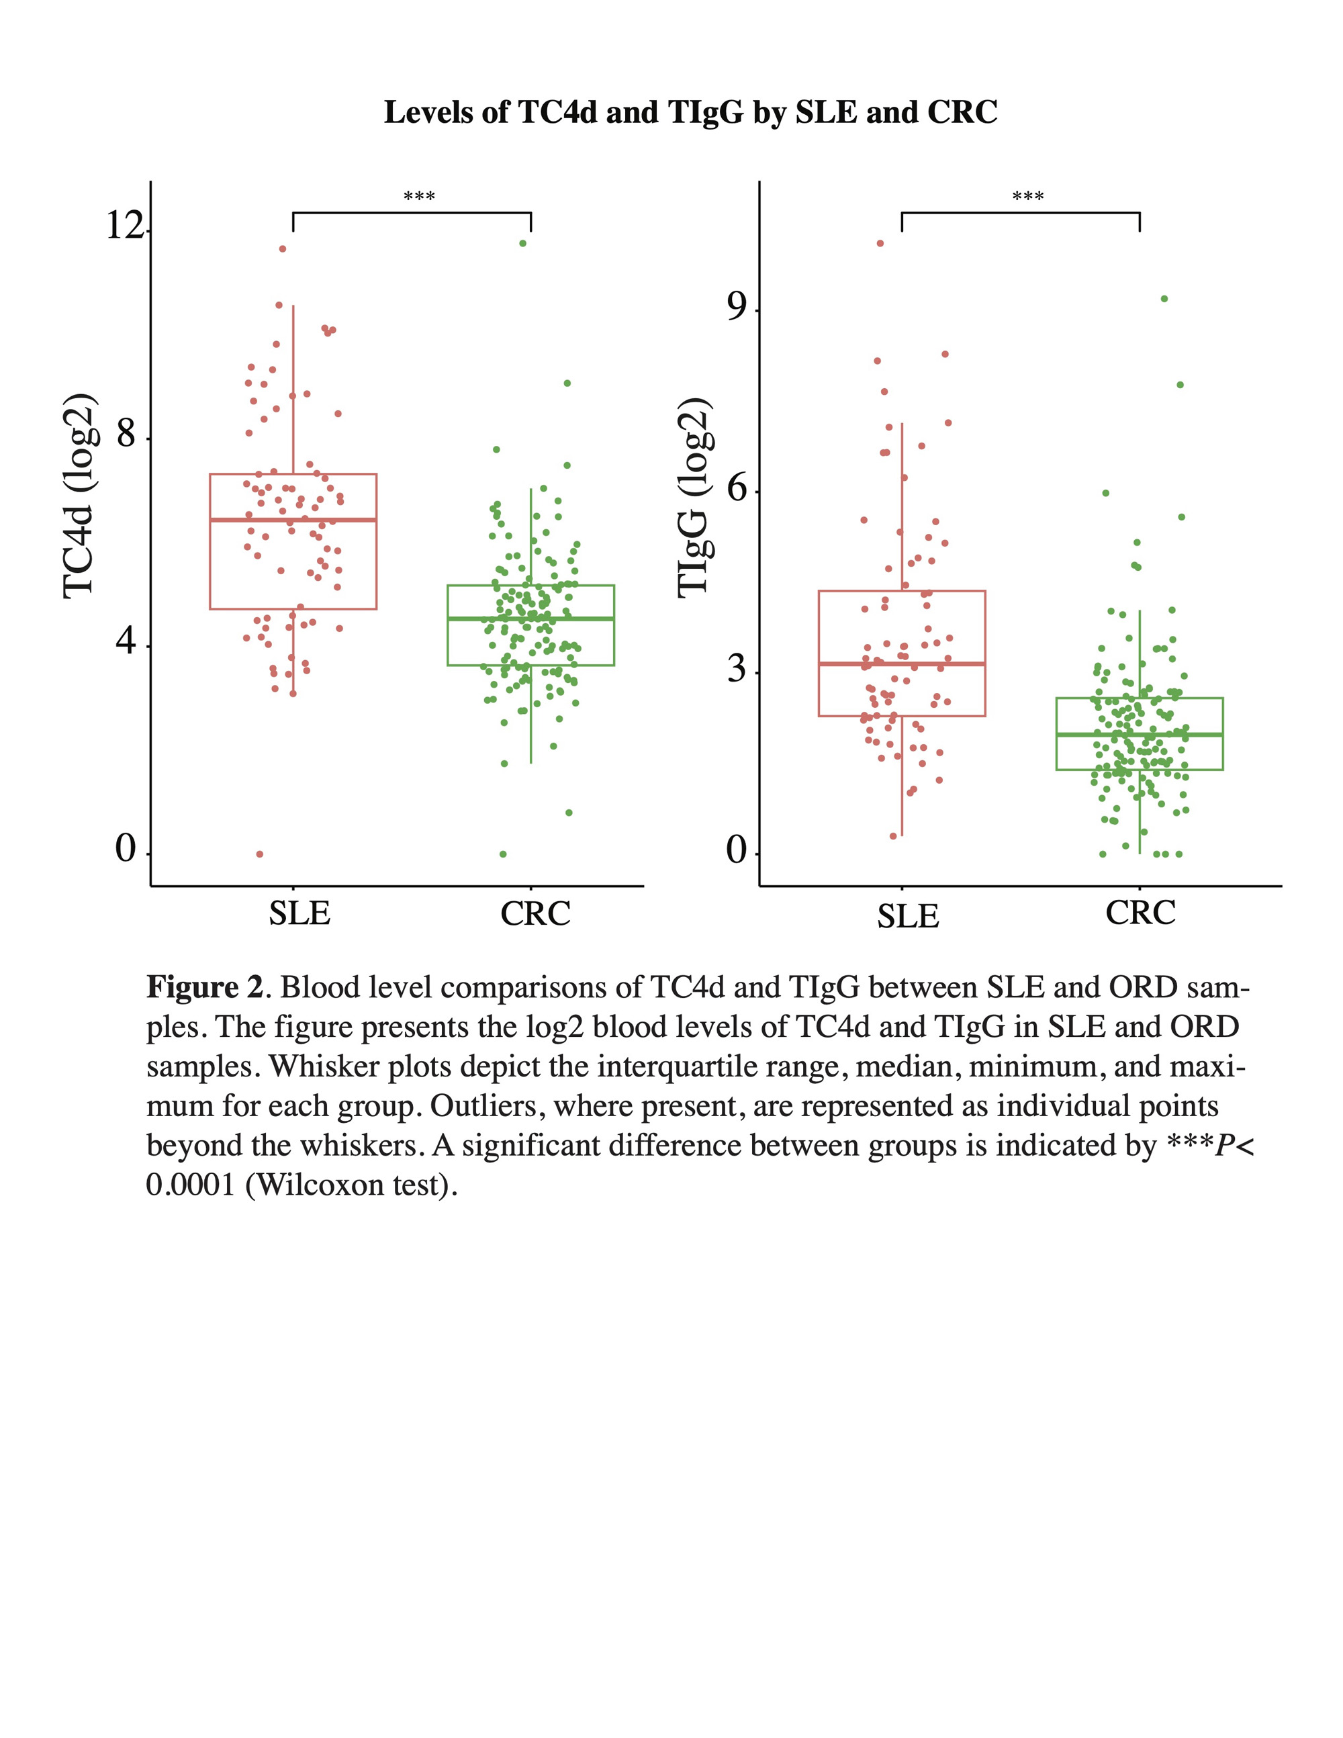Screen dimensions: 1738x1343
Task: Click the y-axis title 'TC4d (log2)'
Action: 79,495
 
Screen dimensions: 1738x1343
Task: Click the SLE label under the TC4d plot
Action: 299,913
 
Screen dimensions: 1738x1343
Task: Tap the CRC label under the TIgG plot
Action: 1140,912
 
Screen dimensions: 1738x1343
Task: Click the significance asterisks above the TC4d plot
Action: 418,196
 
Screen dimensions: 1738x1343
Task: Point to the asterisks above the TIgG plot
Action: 1027,196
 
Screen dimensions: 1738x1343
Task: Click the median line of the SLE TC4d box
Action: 293,520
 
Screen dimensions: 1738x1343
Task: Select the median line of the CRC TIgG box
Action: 1140,734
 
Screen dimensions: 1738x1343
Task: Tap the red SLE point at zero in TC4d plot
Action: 260,854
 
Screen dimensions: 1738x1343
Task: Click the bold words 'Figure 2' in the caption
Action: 205,988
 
